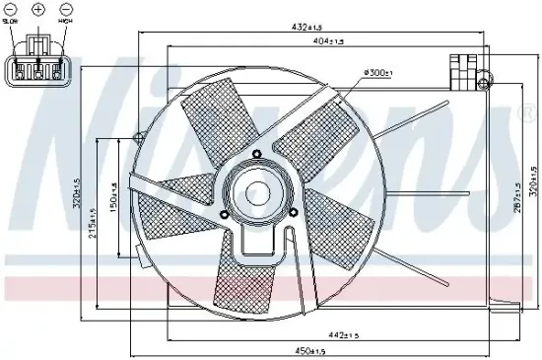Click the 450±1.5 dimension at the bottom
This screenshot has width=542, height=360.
pos(311,350)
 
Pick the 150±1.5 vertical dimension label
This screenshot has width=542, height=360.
pos(113,195)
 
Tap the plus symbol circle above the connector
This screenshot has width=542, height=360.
pos(38,8)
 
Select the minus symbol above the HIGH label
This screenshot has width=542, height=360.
pos(64,8)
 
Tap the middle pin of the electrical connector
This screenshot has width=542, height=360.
pos(38,70)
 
